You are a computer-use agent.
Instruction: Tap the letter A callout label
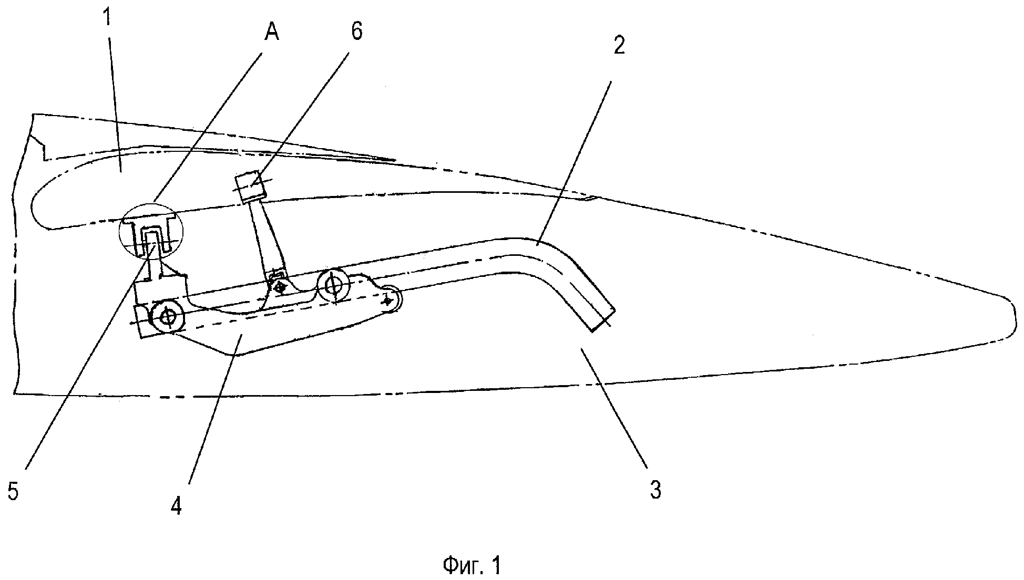[272, 33]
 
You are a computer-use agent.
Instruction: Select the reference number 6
[356, 32]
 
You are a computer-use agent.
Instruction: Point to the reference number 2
[619, 46]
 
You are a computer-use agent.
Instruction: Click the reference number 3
[655, 490]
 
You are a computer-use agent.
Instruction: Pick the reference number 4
[177, 506]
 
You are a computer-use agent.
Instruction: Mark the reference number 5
[13, 492]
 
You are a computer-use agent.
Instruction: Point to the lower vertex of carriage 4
[237, 355]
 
